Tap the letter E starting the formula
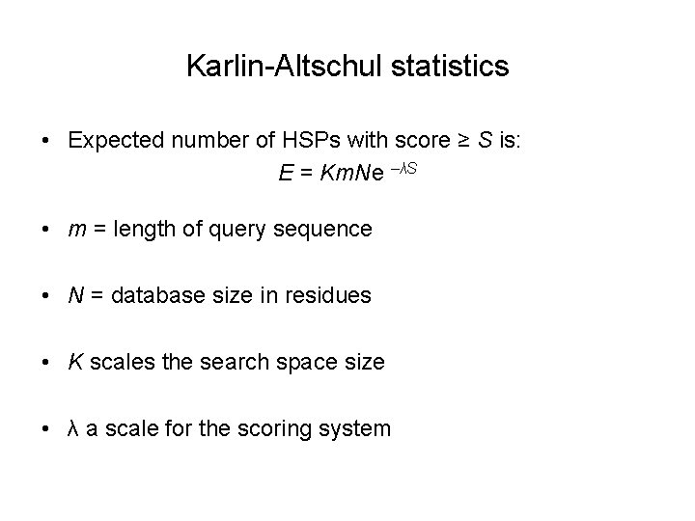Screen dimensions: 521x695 (285, 176)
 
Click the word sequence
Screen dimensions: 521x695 (324, 230)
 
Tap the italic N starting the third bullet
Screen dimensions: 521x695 (74, 295)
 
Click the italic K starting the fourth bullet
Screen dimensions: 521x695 (74, 362)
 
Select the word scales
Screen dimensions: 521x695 (116, 362)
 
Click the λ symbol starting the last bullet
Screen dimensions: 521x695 (73, 428)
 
